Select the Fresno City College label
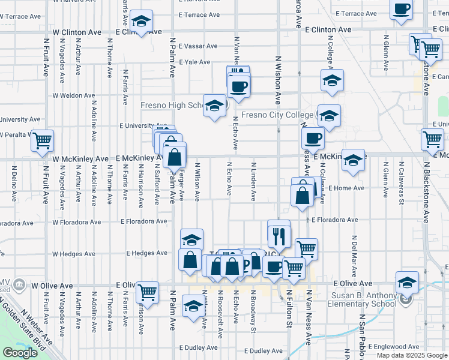click(x=277, y=115)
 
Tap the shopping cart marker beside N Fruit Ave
click(x=42, y=141)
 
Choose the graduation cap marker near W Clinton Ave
click(x=142, y=23)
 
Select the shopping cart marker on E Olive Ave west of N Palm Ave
click(x=147, y=292)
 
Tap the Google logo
click(x=20, y=353)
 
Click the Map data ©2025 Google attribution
click(x=412, y=355)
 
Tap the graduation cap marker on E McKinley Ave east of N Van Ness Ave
click(x=354, y=160)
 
